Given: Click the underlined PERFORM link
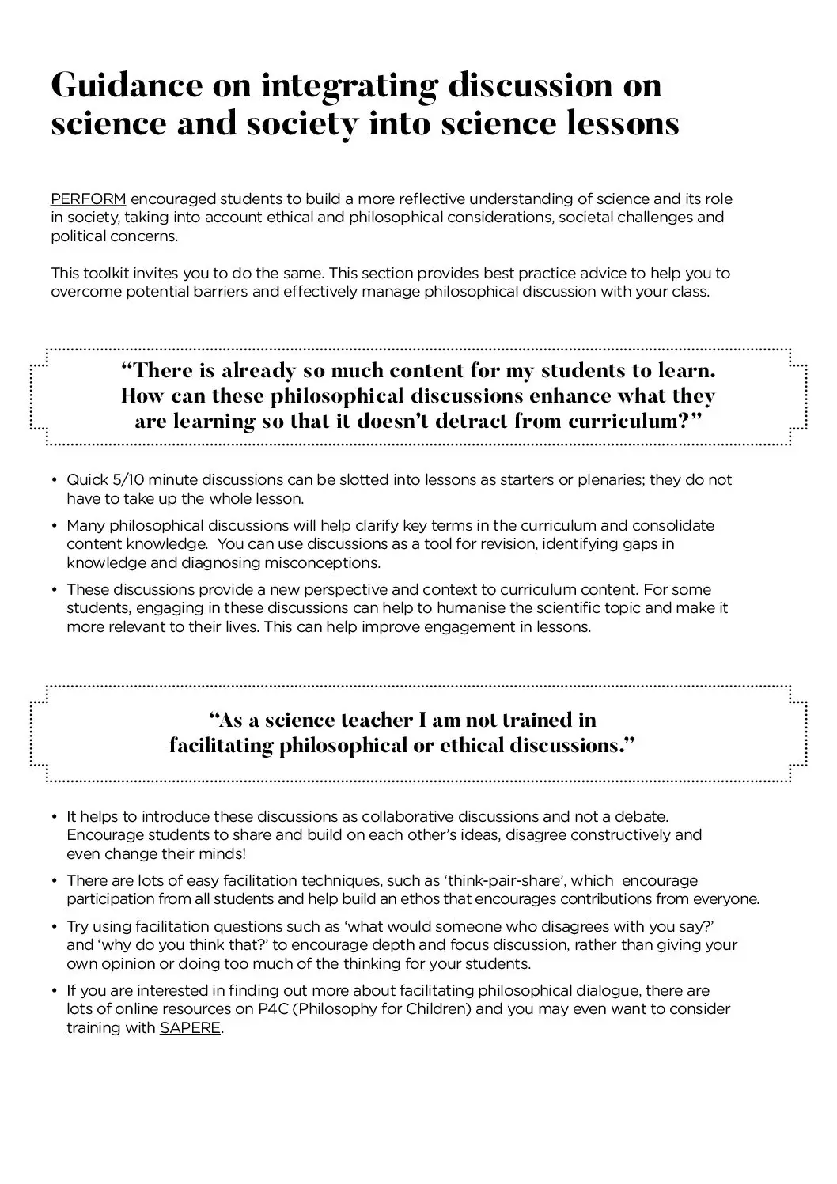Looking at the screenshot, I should (88, 199).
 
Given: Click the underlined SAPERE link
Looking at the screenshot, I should (190, 1029).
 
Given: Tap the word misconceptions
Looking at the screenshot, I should (317, 563).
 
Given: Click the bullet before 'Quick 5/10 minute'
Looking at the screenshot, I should (55, 480).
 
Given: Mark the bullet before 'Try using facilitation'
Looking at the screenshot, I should (55, 926).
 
